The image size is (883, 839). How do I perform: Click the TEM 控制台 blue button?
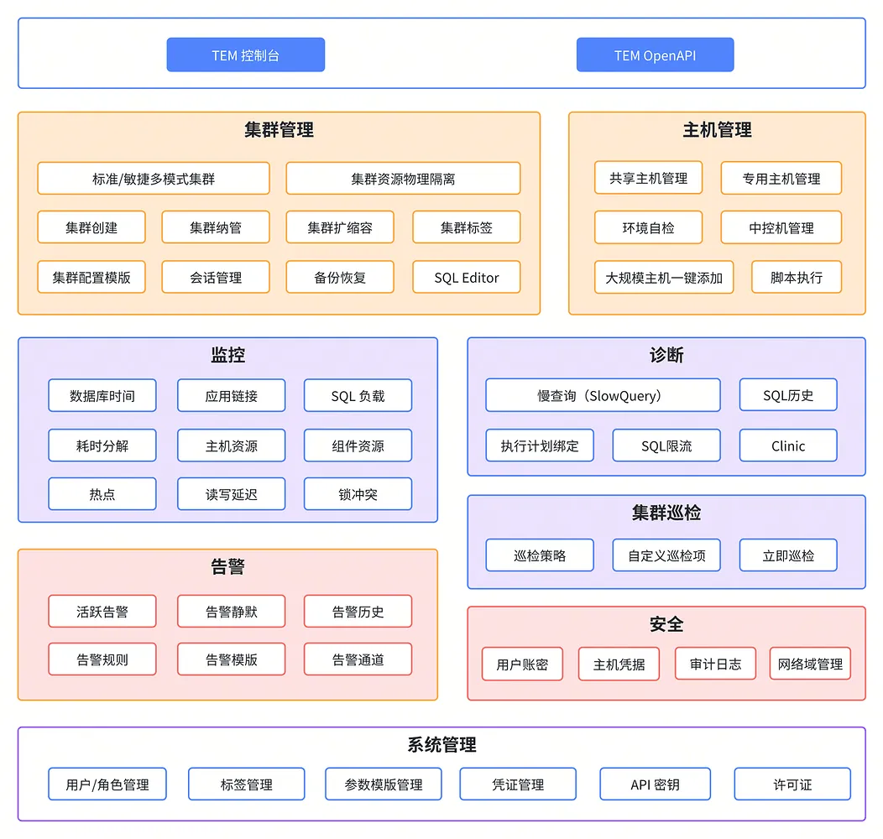(245, 55)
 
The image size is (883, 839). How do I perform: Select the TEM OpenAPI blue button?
(655, 55)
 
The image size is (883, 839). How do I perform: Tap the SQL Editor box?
(466, 277)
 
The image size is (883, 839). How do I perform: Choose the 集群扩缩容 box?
(339, 227)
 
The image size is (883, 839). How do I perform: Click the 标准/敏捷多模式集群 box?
(154, 179)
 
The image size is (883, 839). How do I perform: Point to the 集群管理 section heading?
(279, 130)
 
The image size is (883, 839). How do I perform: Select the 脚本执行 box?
(796, 277)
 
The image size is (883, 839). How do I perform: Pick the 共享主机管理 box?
(648, 178)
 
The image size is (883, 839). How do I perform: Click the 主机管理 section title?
(717, 130)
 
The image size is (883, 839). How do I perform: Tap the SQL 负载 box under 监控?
(358, 396)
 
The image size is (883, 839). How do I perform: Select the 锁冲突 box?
(358, 494)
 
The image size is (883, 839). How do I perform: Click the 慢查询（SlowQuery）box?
(603, 395)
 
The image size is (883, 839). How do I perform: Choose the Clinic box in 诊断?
(787, 446)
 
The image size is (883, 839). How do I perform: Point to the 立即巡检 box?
(787, 555)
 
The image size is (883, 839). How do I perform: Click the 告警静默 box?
(231, 612)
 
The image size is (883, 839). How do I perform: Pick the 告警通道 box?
(358, 659)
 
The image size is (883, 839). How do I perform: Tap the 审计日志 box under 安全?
(715, 664)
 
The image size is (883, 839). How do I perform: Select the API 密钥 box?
(655, 784)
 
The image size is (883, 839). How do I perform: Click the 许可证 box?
(792, 784)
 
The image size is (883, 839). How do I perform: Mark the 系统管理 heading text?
(441, 745)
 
